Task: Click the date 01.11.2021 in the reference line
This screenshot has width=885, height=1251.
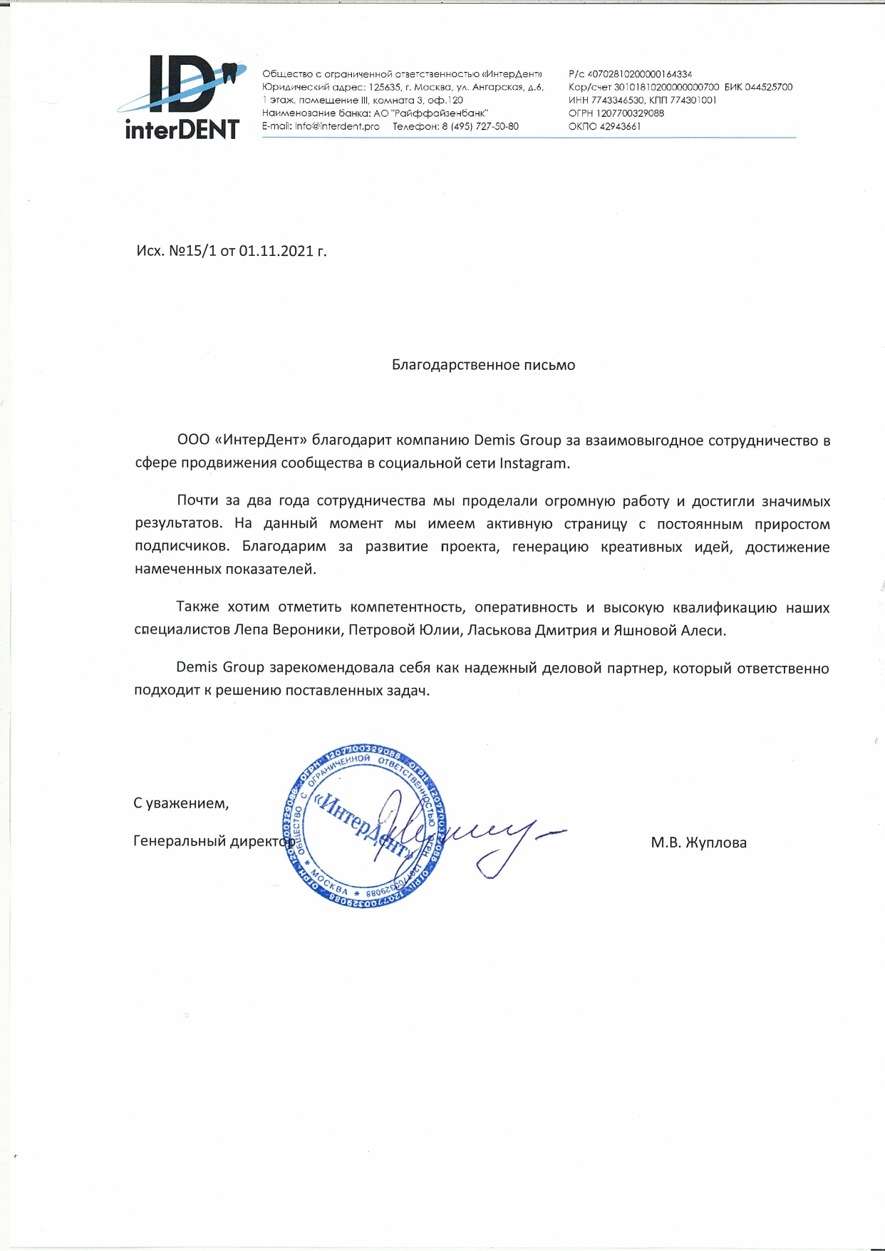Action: pyautogui.click(x=276, y=251)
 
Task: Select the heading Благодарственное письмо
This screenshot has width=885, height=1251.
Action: pyautogui.click(x=483, y=365)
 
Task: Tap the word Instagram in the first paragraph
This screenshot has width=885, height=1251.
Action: pyautogui.click(x=534, y=463)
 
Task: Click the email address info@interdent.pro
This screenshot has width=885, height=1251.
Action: pyautogui.click(x=337, y=126)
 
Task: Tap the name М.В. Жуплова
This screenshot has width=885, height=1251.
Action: pyautogui.click(x=698, y=843)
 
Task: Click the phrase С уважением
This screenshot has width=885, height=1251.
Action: pyautogui.click(x=181, y=803)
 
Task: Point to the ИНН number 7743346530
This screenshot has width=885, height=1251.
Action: pyautogui.click(x=618, y=101)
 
